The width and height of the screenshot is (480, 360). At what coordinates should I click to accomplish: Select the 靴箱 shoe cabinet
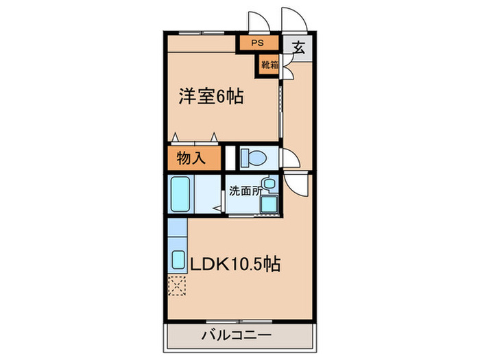pyautogui.click(x=269, y=66)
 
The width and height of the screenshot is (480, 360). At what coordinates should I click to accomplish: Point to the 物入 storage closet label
pyautogui.click(x=191, y=158)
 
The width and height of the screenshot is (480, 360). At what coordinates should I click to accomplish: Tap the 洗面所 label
pyautogui.click(x=245, y=191)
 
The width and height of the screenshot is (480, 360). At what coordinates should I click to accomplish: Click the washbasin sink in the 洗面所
pyautogui.click(x=270, y=185)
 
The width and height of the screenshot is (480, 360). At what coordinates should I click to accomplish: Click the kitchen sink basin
pyautogui.click(x=178, y=260)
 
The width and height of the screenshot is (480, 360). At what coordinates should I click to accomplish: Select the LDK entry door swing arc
pyautogui.click(x=297, y=186)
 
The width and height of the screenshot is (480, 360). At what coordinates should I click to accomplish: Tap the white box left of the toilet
pyautogui.click(x=230, y=157)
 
